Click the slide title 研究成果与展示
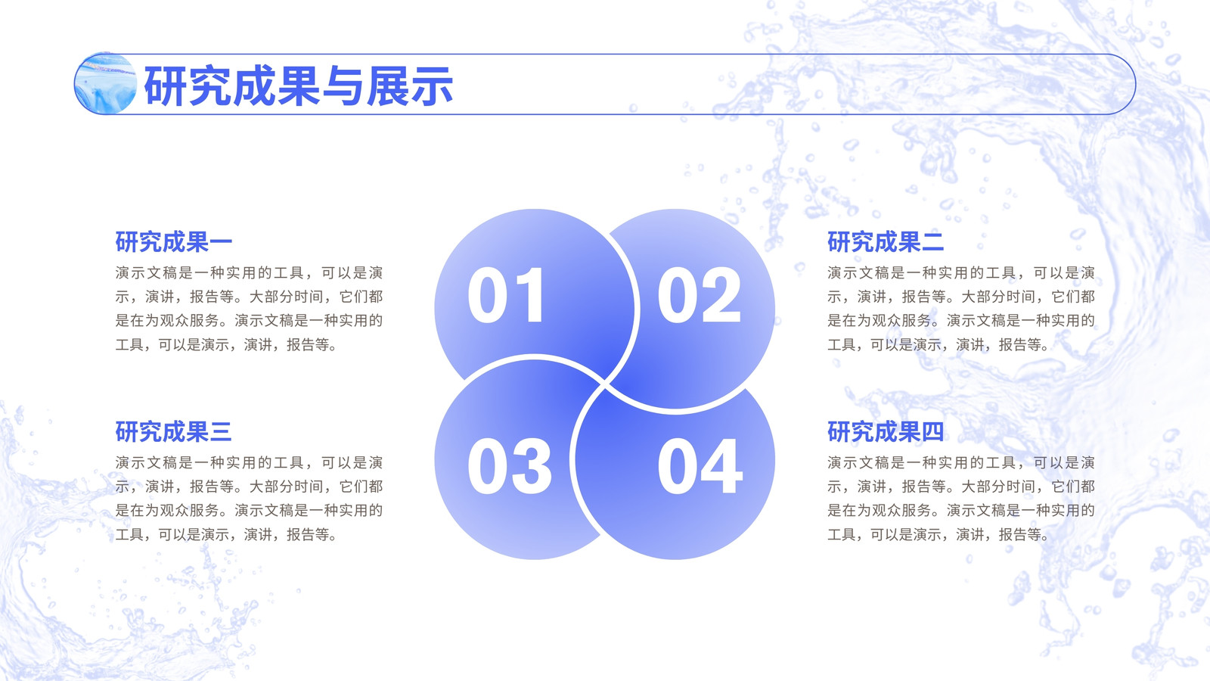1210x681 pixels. [x=298, y=86]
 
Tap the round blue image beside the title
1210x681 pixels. [x=106, y=83]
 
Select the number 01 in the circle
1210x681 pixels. [x=506, y=295]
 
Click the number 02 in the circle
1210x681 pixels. [x=699, y=295]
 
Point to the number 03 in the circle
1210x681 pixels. [x=510, y=466]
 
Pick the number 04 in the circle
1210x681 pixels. [x=700, y=466]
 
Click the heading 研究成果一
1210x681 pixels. [x=174, y=241]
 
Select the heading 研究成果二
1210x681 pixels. [x=886, y=241]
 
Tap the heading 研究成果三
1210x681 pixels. [x=174, y=431]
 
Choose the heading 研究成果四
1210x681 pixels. [x=886, y=431]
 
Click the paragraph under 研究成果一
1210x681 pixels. [x=249, y=309]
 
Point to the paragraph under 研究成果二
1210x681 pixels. [x=961, y=309]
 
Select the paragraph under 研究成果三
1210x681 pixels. [x=249, y=499]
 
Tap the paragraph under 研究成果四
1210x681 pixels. [x=961, y=499]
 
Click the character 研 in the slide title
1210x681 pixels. [x=166, y=86]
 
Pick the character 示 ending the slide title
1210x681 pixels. [x=431, y=86]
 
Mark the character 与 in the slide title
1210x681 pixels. [x=343, y=86]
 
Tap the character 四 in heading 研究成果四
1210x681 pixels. [x=933, y=431]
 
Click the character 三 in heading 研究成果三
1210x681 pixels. [x=221, y=431]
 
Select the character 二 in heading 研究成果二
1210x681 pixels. [x=933, y=241]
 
